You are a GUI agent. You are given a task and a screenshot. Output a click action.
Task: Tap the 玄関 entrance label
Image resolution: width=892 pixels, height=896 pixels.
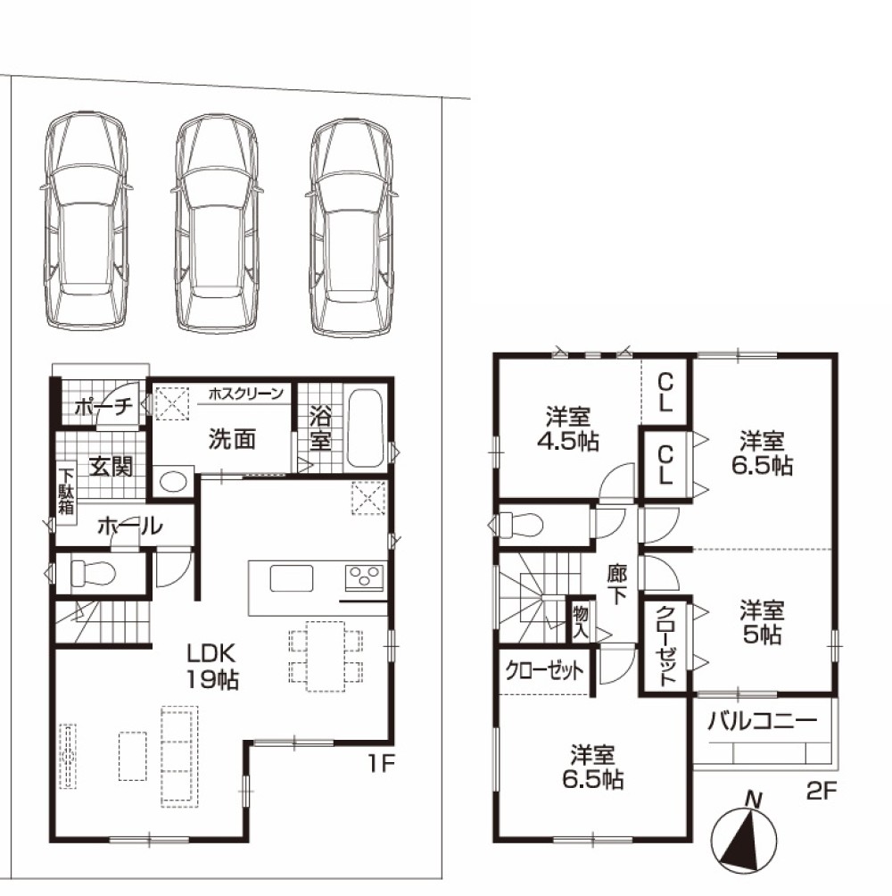click(x=111, y=467)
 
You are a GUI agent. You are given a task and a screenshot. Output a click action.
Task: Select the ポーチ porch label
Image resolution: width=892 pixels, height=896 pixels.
click(x=104, y=408)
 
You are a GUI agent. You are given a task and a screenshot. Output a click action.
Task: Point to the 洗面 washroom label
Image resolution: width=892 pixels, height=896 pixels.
click(x=231, y=439)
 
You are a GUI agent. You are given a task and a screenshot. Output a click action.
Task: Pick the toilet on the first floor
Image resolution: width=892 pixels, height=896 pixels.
click(x=93, y=572)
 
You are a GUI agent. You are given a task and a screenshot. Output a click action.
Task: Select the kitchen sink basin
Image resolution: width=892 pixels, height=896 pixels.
click(x=292, y=579)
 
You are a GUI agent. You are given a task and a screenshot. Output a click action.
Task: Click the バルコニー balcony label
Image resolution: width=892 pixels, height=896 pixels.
click(x=763, y=722)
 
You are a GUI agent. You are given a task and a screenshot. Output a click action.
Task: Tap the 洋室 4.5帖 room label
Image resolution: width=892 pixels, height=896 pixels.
click(x=567, y=428)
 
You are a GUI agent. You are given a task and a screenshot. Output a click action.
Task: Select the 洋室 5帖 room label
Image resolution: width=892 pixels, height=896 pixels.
click(x=763, y=622)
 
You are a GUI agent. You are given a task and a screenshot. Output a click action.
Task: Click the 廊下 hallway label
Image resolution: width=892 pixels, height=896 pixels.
click(x=616, y=585)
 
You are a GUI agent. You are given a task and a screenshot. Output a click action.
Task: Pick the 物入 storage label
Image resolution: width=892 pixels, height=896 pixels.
click(x=581, y=623)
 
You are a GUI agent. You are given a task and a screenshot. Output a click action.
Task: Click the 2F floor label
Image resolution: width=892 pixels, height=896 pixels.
click(x=822, y=792)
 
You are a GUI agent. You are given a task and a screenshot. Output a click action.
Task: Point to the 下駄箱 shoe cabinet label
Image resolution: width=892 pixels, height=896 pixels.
click(x=66, y=492)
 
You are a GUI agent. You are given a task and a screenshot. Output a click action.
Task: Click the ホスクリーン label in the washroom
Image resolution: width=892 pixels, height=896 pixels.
click(x=246, y=394)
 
